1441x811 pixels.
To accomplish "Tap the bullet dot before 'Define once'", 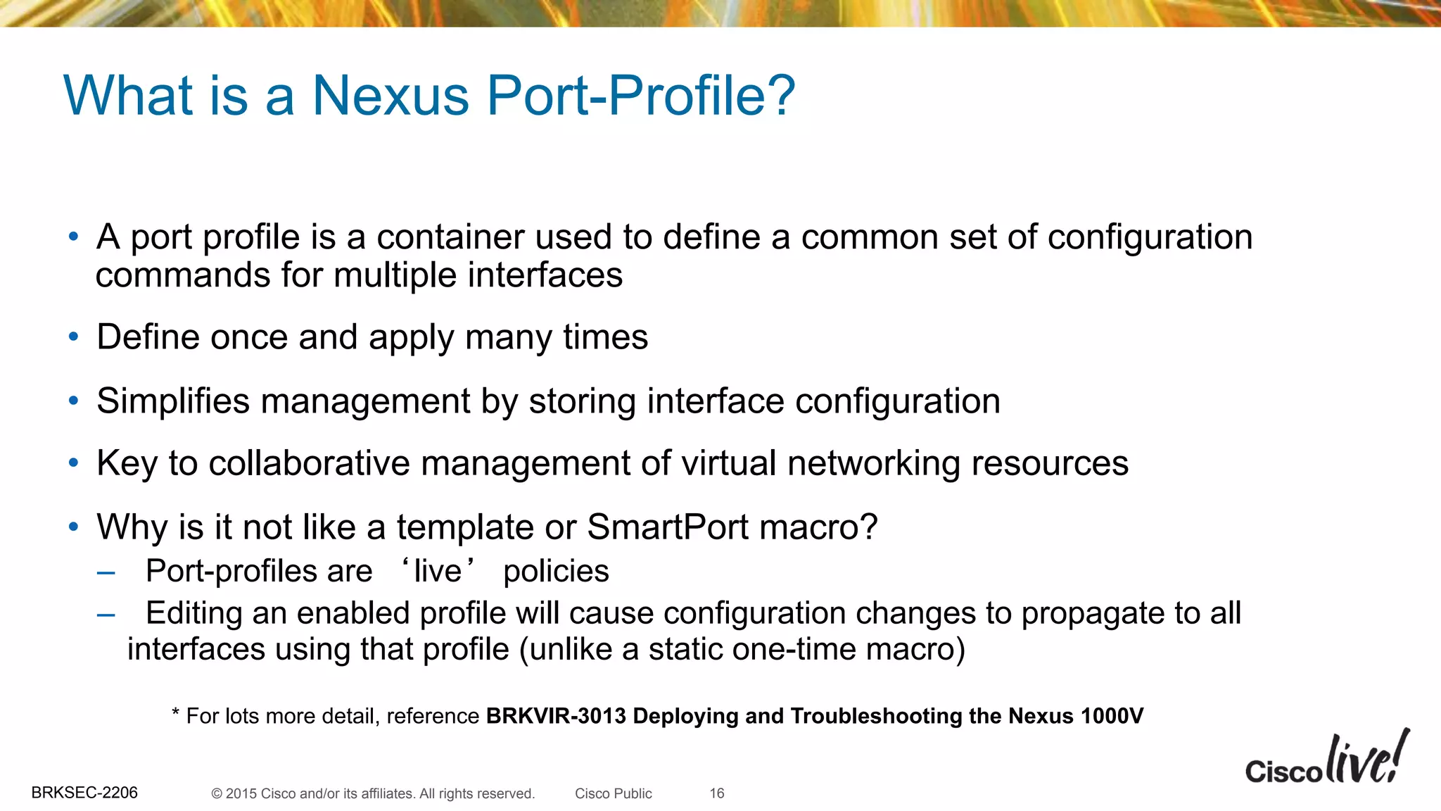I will (74, 337).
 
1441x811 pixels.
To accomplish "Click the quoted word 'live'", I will (438, 571).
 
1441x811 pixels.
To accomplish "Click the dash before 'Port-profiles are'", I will (106, 573).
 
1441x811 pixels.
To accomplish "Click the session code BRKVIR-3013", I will (556, 716).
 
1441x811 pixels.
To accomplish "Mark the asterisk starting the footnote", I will (176, 714).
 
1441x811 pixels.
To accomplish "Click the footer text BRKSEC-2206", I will (84, 793).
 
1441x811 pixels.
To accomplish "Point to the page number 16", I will (716, 793).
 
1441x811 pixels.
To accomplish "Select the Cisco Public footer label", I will (613, 793).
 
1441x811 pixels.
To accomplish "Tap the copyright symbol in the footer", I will (217, 794).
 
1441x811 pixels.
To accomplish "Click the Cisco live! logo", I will (1326, 760).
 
